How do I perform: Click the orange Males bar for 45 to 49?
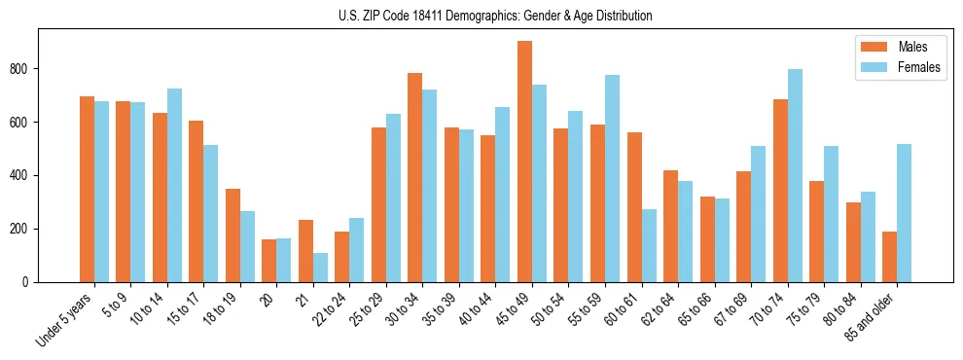click(x=524, y=162)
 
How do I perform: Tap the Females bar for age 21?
click(x=320, y=268)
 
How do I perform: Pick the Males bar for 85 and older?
click(x=889, y=257)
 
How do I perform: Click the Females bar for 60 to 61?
click(x=649, y=245)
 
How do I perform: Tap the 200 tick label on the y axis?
click(x=28, y=230)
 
